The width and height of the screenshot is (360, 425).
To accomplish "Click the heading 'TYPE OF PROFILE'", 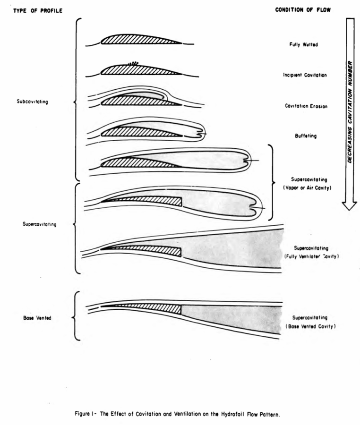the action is (x=38, y=11).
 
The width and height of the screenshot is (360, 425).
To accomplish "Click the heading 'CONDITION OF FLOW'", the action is (x=303, y=10).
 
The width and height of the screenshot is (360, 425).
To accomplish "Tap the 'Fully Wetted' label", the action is (x=304, y=44).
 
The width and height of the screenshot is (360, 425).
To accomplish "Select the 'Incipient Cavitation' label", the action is (x=305, y=75).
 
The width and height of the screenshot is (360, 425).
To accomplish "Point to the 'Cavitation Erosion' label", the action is (x=306, y=106).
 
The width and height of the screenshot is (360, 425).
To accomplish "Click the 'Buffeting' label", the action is (x=306, y=136).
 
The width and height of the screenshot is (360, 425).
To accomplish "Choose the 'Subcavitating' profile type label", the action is (x=32, y=102).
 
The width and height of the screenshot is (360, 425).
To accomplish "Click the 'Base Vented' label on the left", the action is (x=37, y=318).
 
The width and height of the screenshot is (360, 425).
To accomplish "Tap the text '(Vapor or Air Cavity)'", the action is (x=307, y=188).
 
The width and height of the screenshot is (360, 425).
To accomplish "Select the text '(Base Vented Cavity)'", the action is (x=311, y=326).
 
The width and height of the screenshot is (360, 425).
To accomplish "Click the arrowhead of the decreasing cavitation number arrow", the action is (x=350, y=206).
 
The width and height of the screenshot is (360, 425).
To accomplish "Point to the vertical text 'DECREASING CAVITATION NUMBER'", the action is (x=350, y=111).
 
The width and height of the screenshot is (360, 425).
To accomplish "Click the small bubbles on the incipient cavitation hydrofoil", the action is (x=133, y=64).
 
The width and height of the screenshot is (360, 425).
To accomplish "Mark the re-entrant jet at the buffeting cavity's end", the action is (x=201, y=134).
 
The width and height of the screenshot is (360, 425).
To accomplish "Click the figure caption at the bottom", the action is (x=177, y=414).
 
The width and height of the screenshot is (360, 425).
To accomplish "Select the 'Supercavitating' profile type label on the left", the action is (x=40, y=224).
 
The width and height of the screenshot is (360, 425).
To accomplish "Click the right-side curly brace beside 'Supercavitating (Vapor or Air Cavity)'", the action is (x=272, y=182).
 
